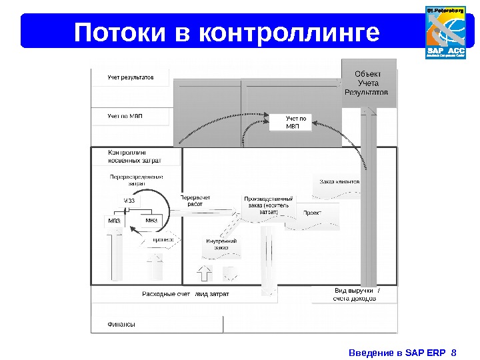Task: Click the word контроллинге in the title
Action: point(289,32)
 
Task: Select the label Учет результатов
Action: point(131,77)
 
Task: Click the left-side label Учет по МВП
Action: point(125,116)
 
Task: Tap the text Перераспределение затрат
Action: point(136,180)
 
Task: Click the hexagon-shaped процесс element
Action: point(161,240)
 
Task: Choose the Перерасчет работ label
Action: point(195,201)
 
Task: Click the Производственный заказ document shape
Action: point(269,207)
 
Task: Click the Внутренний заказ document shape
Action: point(221,245)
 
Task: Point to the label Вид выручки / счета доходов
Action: point(356,295)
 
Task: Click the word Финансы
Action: point(121,325)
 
